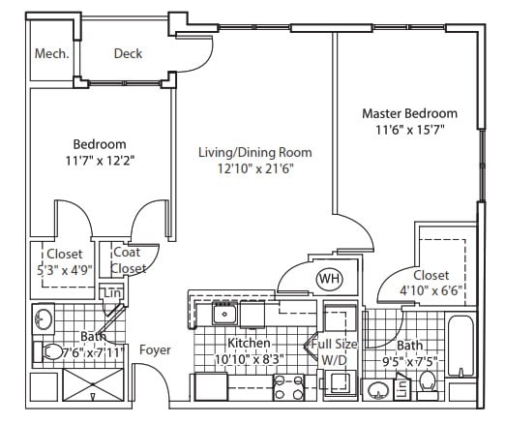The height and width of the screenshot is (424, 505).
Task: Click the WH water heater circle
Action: pyautogui.click(x=330, y=278)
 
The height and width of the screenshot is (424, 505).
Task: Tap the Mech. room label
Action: pyautogui.click(x=52, y=53)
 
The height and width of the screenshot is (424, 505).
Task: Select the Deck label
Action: pyautogui.click(x=128, y=53)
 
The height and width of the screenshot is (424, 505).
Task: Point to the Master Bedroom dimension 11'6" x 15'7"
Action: pyautogui.click(x=410, y=130)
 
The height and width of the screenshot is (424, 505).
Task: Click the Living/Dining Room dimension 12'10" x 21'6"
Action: pyautogui.click(x=255, y=168)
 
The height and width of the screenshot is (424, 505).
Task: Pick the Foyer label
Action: pyautogui.click(x=155, y=350)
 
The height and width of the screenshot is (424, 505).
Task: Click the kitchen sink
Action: pyautogui.click(x=224, y=313)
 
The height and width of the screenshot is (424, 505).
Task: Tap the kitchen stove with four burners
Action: pyautogui.click(x=289, y=387)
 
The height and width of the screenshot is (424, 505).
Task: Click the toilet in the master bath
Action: pyautogui.click(x=428, y=384)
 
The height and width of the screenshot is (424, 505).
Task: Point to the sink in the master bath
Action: pyautogui.click(x=377, y=389)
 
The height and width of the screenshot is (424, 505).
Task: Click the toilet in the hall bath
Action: pyautogui.click(x=48, y=351)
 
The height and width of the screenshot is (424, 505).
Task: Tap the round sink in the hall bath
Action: pyautogui.click(x=43, y=318)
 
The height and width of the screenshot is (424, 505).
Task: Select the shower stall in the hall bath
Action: pyautogui.click(x=93, y=384)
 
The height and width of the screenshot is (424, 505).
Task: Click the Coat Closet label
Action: pyautogui.click(x=128, y=260)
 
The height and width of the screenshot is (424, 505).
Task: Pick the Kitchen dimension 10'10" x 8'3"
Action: pyautogui.click(x=250, y=359)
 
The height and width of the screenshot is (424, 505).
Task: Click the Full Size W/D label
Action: pyautogui.click(x=334, y=351)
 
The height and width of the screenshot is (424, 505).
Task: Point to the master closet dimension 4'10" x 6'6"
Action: pyautogui.click(x=431, y=290)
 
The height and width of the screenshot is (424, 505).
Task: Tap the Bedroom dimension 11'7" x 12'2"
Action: pyautogui.click(x=100, y=161)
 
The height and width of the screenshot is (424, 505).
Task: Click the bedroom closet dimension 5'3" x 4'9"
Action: pyautogui.click(x=65, y=270)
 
